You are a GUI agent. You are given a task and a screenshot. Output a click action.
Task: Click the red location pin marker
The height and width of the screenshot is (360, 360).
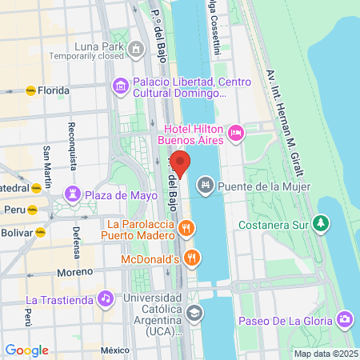(x=181, y=164)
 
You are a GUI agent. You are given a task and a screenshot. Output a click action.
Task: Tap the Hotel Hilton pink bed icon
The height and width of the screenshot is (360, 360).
(x=236, y=133)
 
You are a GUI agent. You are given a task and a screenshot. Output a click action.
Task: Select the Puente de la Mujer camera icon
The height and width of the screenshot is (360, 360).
(x=206, y=186)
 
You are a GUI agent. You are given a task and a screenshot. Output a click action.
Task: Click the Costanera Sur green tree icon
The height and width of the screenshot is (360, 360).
(x=322, y=222)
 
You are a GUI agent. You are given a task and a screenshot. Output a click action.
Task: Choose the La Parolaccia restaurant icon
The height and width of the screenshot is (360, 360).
(x=186, y=229)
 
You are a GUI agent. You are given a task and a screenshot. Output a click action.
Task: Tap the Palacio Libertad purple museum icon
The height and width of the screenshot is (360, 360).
(x=120, y=85)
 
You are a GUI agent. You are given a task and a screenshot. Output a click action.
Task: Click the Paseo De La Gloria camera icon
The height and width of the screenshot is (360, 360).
(x=345, y=320)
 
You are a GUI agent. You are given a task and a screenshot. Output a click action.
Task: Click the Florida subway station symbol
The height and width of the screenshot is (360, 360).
(x=31, y=90)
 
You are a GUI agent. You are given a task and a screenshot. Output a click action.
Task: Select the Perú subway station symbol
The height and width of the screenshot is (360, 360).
(x=32, y=210)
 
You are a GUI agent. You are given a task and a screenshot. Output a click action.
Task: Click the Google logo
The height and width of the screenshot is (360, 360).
(x=26, y=350)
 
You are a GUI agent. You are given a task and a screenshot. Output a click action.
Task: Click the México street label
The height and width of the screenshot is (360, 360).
(x=114, y=350)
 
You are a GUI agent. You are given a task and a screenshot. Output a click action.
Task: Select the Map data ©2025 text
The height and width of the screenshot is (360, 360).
(x=325, y=354)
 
